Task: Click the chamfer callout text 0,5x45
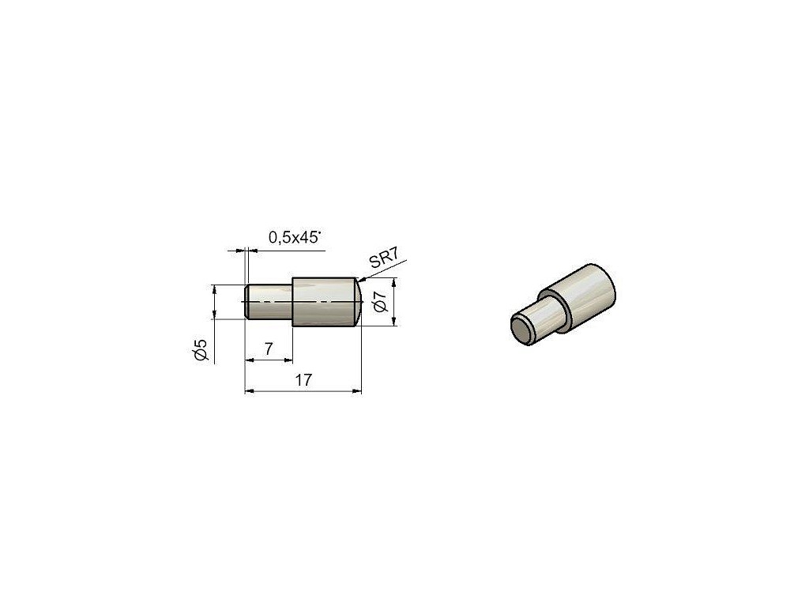pos(295,237)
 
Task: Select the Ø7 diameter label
pos(380,301)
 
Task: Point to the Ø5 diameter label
pos(200,349)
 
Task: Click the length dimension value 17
pos(303,380)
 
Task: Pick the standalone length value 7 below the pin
pos(269,349)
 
